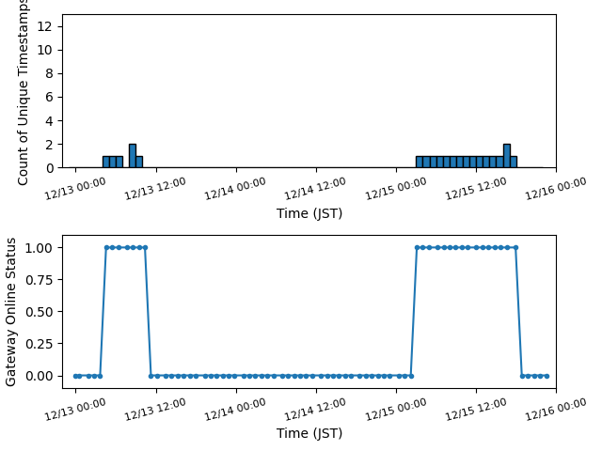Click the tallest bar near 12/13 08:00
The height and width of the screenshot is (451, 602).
tap(133, 156)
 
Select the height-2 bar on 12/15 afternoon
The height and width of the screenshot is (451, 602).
tap(507, 156)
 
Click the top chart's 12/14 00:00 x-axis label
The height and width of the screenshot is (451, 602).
tap(236, 187)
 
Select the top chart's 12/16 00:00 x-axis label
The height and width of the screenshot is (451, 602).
tap(556, 187)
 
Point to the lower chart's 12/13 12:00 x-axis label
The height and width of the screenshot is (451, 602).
tap(156, 407)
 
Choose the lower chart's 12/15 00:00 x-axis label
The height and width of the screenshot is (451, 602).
tap(396, 407)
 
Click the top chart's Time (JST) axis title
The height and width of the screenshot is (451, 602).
tap(309, 213)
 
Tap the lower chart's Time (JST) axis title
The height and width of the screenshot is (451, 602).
tap(309, 433)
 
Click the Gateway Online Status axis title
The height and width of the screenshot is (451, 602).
tap(12, 311)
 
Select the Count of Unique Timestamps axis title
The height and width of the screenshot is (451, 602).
tap(24, 91)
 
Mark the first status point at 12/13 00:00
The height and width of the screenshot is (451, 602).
tap(76, 376)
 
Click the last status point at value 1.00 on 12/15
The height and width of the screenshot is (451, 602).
tap(515, 247)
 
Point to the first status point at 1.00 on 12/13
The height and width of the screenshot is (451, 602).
tap(106, 247)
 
